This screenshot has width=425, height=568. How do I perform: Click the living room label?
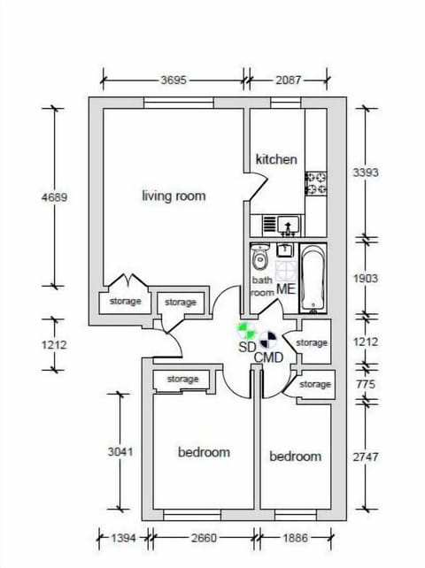(174, 196)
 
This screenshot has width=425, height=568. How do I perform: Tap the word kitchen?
(276, 159)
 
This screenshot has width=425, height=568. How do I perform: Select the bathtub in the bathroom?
(313, 279)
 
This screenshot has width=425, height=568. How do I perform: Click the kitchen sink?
(285, 225)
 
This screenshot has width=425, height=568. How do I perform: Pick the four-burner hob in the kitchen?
(316, 184)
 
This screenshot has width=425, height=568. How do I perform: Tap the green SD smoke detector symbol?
(247, 331)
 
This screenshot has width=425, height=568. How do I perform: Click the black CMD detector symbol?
(269, 338)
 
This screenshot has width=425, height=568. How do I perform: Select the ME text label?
(285, 289)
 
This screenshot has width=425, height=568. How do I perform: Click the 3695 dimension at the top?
(173, 80)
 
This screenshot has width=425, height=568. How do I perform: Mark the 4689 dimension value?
(54, 196)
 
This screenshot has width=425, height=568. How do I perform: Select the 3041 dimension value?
(116, 451)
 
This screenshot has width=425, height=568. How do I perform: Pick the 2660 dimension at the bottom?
(203, 536)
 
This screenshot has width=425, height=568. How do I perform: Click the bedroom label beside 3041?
(204, 452)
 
